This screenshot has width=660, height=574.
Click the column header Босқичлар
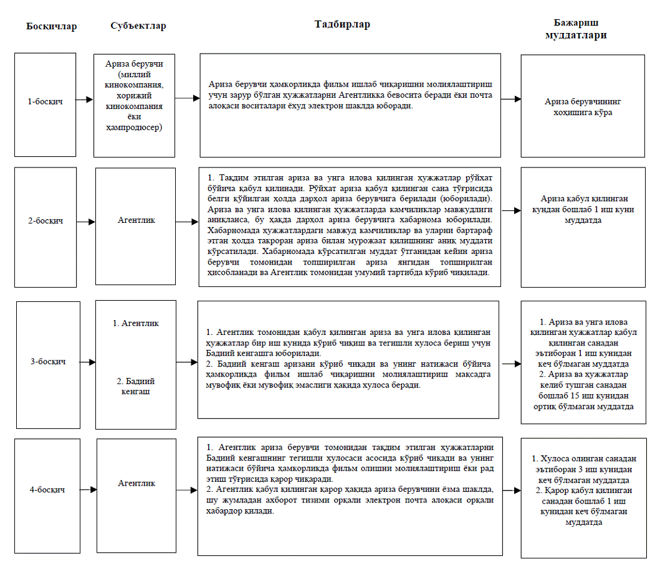pos(52,27)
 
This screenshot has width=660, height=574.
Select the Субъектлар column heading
pos(138,26)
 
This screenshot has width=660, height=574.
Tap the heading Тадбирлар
pos(342,24)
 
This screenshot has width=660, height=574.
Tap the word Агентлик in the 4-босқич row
pos(136,482)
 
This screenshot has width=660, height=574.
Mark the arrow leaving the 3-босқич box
pos(88,362)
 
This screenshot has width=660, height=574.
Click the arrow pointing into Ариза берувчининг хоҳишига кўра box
pos(511,99)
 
